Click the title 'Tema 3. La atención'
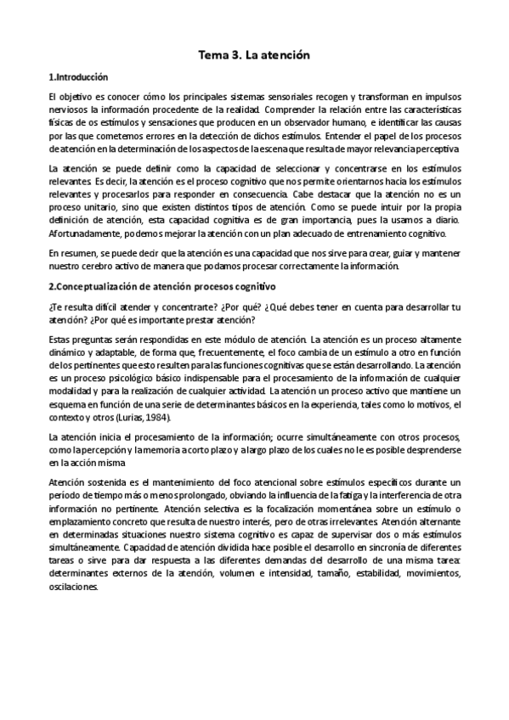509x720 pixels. (x=254, y=55)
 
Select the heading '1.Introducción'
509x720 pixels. (x=78, y=76)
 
